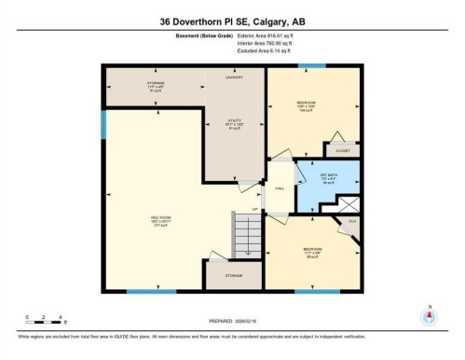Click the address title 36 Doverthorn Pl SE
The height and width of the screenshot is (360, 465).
pos(232,21)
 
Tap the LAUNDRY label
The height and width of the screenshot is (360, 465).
pos(236,79)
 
